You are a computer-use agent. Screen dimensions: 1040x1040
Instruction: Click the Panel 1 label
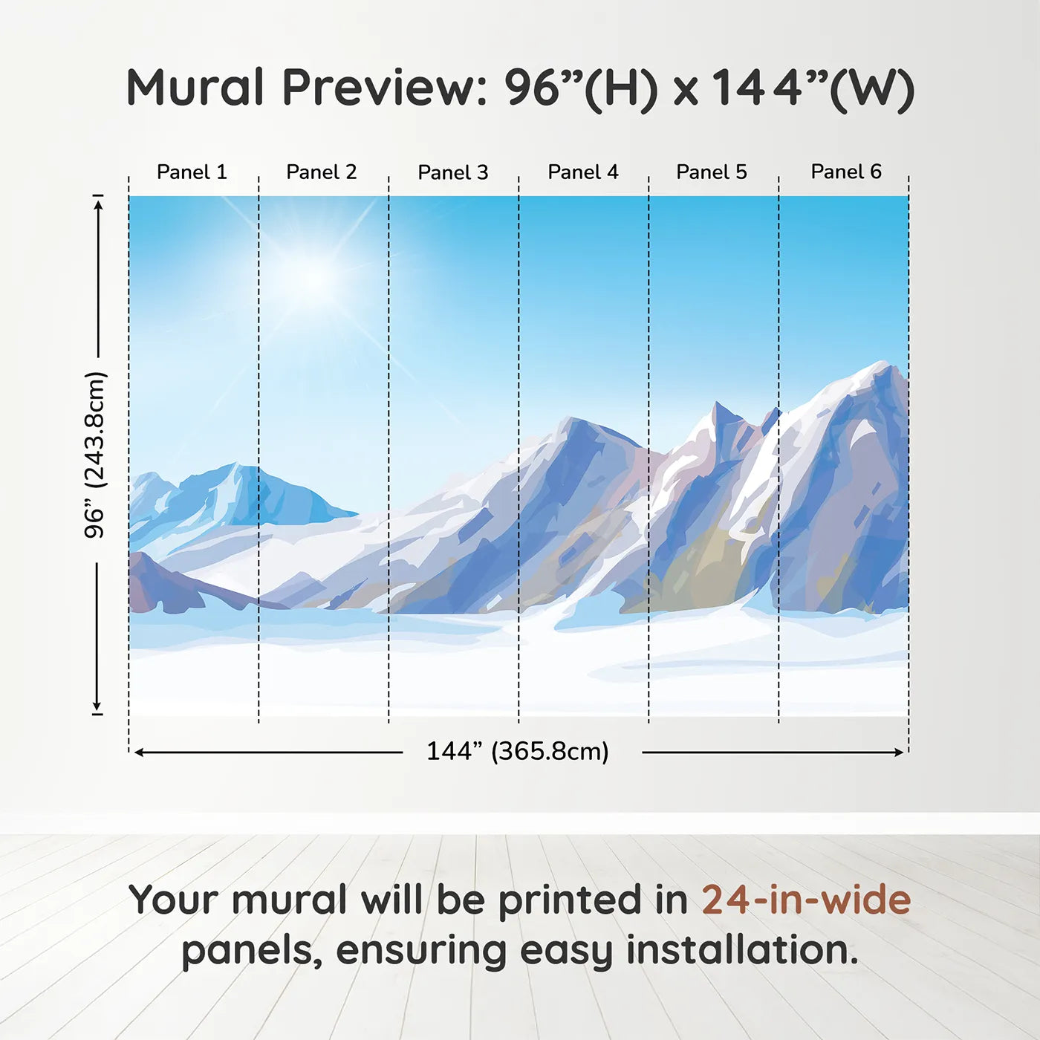click(x=192, y=172)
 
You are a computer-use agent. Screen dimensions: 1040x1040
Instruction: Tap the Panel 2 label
click(x=321, y=172)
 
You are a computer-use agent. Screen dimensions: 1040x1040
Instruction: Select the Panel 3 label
click(x=453, y=172)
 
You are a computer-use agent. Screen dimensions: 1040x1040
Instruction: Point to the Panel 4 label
click(x=583, y=172)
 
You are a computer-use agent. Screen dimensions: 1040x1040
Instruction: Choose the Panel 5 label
click(x=712, y=172)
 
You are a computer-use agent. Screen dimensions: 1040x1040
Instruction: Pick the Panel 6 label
click(x=845, y=172)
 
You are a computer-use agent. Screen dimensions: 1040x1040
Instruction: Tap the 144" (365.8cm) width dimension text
click(x=517, y=751)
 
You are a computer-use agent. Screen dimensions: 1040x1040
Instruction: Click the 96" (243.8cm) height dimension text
click(x=96, y=455)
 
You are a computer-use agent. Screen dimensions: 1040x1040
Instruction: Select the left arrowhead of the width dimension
click(x=139, y=753)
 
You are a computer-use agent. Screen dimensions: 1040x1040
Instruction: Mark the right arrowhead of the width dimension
click(x=899, y=753)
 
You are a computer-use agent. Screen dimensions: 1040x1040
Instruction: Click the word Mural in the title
click(x=195, y=88)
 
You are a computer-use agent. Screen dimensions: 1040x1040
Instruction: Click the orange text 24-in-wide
click(x=806, y=900)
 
